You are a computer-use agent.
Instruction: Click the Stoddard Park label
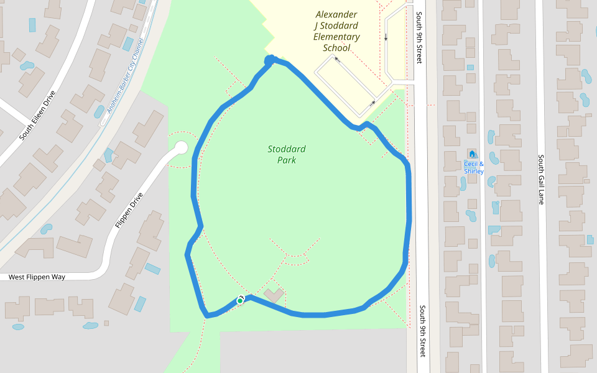pyautogui.click(x=287, y=154)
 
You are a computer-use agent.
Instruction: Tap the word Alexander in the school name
pyautogui.click(x=336, y=14)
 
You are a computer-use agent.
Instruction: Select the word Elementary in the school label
pyautogui.click(x=336, y=37)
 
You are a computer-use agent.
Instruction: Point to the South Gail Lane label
pyautogui.click(x=541, y=180)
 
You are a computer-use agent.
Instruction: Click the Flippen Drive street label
pyautogui.click(x=129, y=210)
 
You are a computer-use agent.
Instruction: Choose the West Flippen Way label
pyautogui.click(x=37, y=277)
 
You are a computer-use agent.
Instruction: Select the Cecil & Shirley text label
pyautogui.click(x=474, y=168)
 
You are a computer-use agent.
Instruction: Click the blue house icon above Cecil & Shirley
pyautogui.click(x=472, y=154)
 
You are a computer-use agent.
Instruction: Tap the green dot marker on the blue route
pyautogui.click(x=239, y=301)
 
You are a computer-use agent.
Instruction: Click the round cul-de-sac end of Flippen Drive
pyautogui.click(x=181, y=148)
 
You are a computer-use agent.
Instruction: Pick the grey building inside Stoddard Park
pyautogui.click(x=274, y=295)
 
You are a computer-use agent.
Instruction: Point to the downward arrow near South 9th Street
pyautogui.click(x=386, y=36)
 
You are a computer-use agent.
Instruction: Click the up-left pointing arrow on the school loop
pyautogui.click(x=336, y=59)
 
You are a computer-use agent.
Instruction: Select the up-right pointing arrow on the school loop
pyautogui.click(x=373, y=103)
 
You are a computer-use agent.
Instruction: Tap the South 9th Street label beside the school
pyautogui.click(x=420, y=37)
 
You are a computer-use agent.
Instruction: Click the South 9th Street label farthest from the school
pyautogui.click(x=423, y=331)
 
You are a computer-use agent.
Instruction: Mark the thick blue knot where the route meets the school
pyautogui.click(x=270, y=60)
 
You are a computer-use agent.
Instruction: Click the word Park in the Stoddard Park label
pyautogui.click(x=287, y=160)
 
